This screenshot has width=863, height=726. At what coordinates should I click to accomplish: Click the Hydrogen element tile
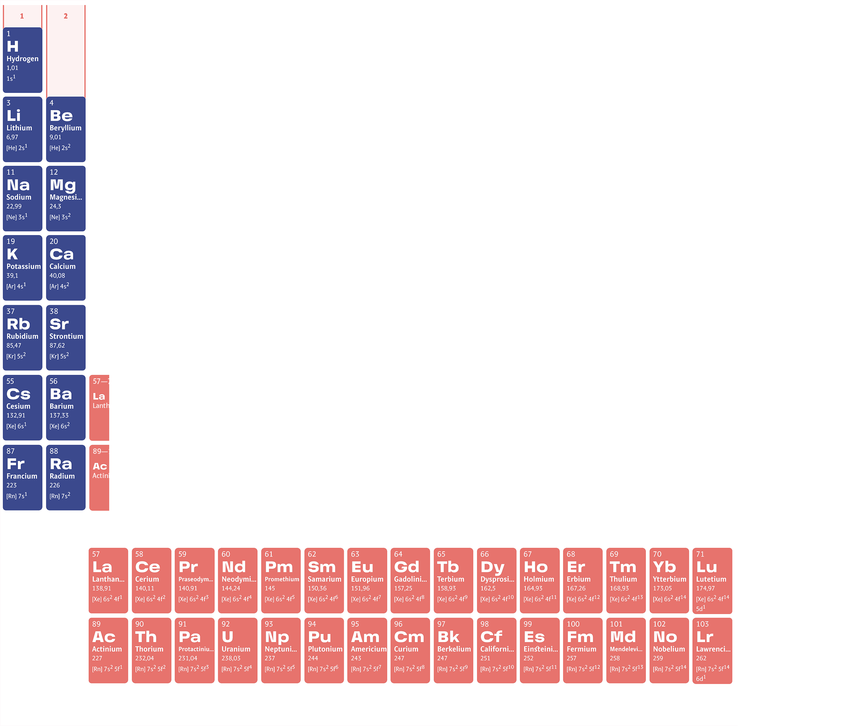22,60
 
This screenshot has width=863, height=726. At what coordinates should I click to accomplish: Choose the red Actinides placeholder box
130,477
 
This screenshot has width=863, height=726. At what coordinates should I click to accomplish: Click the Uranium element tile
237,650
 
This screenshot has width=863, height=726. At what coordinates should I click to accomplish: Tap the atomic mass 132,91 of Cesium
16,416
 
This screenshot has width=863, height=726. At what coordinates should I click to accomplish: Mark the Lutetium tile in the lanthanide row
712,580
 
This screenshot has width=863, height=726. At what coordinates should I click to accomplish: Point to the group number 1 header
22,16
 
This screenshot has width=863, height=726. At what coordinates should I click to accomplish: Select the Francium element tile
22,477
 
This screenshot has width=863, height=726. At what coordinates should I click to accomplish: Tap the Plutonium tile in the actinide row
324,650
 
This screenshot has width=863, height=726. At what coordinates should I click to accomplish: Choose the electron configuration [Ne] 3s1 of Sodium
17,217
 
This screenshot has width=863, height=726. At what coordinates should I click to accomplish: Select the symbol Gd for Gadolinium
406,567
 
